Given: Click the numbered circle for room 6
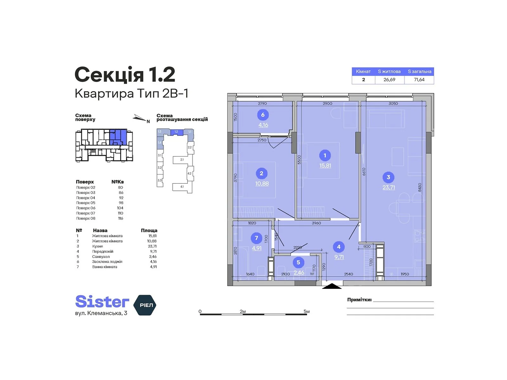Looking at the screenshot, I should (x=263, y=115).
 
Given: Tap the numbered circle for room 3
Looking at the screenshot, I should (x=388, y=177).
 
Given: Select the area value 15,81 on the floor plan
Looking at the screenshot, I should (x=325, y=166).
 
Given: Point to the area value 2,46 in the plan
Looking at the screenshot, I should (x=299, y=273).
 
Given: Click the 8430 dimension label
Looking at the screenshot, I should (x=420, y=187).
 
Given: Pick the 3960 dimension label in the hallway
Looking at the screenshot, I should (x=316, y=223).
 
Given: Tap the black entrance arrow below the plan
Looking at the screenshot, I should (x=332, y=286).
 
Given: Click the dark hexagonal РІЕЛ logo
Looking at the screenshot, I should (x=145, y=305).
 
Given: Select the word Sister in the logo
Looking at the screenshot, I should (x=102, y=302).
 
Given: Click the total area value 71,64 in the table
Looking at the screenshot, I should (x=419, y=80).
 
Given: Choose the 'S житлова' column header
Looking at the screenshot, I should (x=389, y=72).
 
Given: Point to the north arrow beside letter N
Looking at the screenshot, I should (x=139, y=118).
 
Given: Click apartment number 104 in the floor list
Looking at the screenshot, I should (x=120, y=208).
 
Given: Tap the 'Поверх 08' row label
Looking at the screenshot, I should (x=86, y=218).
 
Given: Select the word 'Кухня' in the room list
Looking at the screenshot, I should (x=98, y=246).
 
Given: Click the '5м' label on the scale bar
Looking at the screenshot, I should (x=306, y=312).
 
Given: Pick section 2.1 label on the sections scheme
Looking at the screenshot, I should (x=182, y=160).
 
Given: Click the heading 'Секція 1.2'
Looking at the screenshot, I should (x=125, y=75).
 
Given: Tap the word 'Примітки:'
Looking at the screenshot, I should (x=359, y=300).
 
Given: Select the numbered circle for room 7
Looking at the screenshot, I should (x=256, y=238).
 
